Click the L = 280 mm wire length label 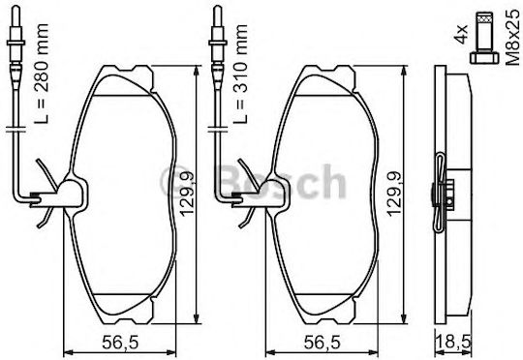coord(42,74)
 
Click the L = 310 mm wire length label coord(240,74)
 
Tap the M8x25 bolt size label coord(512,38)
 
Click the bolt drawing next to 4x coord(484,38)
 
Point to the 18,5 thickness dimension coord(453,343)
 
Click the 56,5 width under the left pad coord(120,343)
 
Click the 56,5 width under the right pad coord(322,343)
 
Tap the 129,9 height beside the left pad coord(187,194)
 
